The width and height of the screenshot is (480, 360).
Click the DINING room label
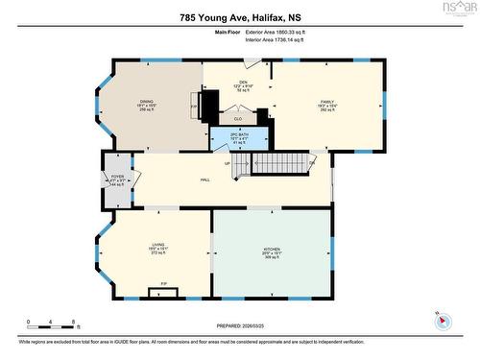(147, 101)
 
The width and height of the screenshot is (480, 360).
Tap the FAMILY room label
(327, 101)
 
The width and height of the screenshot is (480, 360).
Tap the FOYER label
(117, 177)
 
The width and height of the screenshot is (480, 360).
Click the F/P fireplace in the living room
(164, 284)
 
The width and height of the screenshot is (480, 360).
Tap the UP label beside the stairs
(228, 162)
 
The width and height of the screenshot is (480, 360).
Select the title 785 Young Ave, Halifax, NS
(240, 16)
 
